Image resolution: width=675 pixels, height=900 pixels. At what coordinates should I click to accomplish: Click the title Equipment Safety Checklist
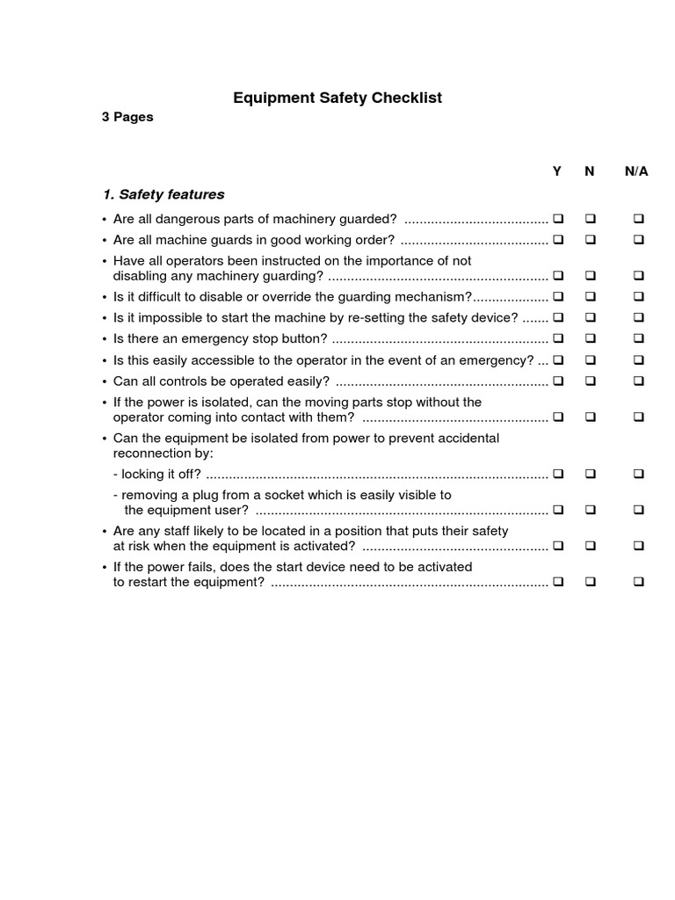(337, 98)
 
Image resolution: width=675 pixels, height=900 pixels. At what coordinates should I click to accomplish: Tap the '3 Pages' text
(127, 117)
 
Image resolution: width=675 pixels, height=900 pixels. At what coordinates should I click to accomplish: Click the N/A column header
(636, 171)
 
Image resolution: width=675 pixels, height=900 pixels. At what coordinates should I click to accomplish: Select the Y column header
(556, 171)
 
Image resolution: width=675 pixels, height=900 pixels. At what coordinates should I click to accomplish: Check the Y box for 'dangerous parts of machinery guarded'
(557, 218)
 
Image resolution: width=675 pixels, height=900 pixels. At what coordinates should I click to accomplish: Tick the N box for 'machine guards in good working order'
(590, 239)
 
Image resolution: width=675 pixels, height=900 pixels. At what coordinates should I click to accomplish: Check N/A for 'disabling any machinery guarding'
(638, 276)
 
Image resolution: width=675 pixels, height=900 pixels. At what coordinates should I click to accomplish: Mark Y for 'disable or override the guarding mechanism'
(557, 297)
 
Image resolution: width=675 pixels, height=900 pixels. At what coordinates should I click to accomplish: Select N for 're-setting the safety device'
(590, 317)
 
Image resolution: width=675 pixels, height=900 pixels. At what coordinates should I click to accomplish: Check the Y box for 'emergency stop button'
(557, 338)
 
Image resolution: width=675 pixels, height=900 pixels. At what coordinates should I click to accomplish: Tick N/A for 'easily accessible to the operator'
(638, 359)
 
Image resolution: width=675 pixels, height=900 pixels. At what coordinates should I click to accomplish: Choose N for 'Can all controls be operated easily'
(590, 381)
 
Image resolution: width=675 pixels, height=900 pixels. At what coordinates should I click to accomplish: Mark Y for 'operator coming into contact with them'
(557, 417)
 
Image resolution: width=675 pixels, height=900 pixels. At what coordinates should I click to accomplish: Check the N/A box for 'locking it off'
(638, 474)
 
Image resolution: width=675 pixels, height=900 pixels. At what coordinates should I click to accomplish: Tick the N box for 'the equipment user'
(590, 510)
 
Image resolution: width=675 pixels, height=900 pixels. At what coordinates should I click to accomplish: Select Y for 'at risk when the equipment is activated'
(557, 546)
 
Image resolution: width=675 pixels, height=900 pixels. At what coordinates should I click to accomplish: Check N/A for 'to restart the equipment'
(638, 582)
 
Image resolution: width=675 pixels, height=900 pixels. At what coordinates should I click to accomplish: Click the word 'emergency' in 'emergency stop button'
(230, 339)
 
